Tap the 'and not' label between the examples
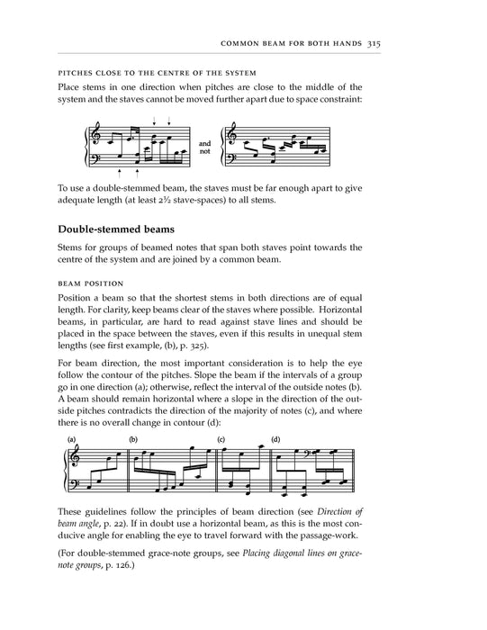[x=204, y=148]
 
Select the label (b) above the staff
[x=132, y=440]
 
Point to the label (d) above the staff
[x=275, y=440]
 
